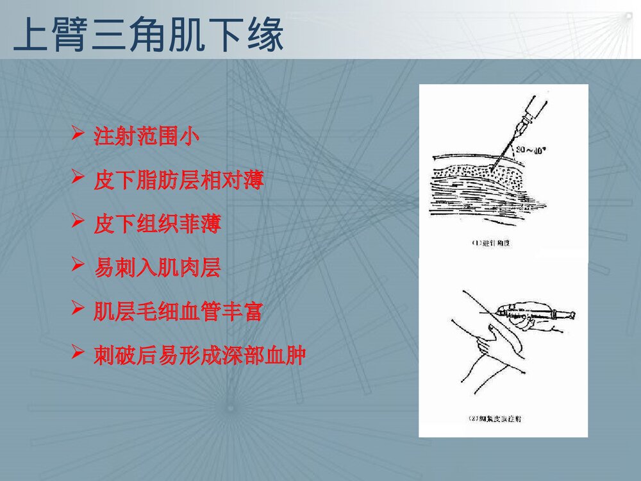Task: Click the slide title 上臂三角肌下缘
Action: click(x=148, y=35)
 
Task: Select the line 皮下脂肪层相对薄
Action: click(x=179, y=181)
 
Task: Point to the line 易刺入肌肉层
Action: click(x=157, y=267)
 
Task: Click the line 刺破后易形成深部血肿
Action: click(x=199, y=355)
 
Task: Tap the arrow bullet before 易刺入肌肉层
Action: click(x=78, y=266)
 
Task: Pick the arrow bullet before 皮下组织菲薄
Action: click(x=78, y=223)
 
